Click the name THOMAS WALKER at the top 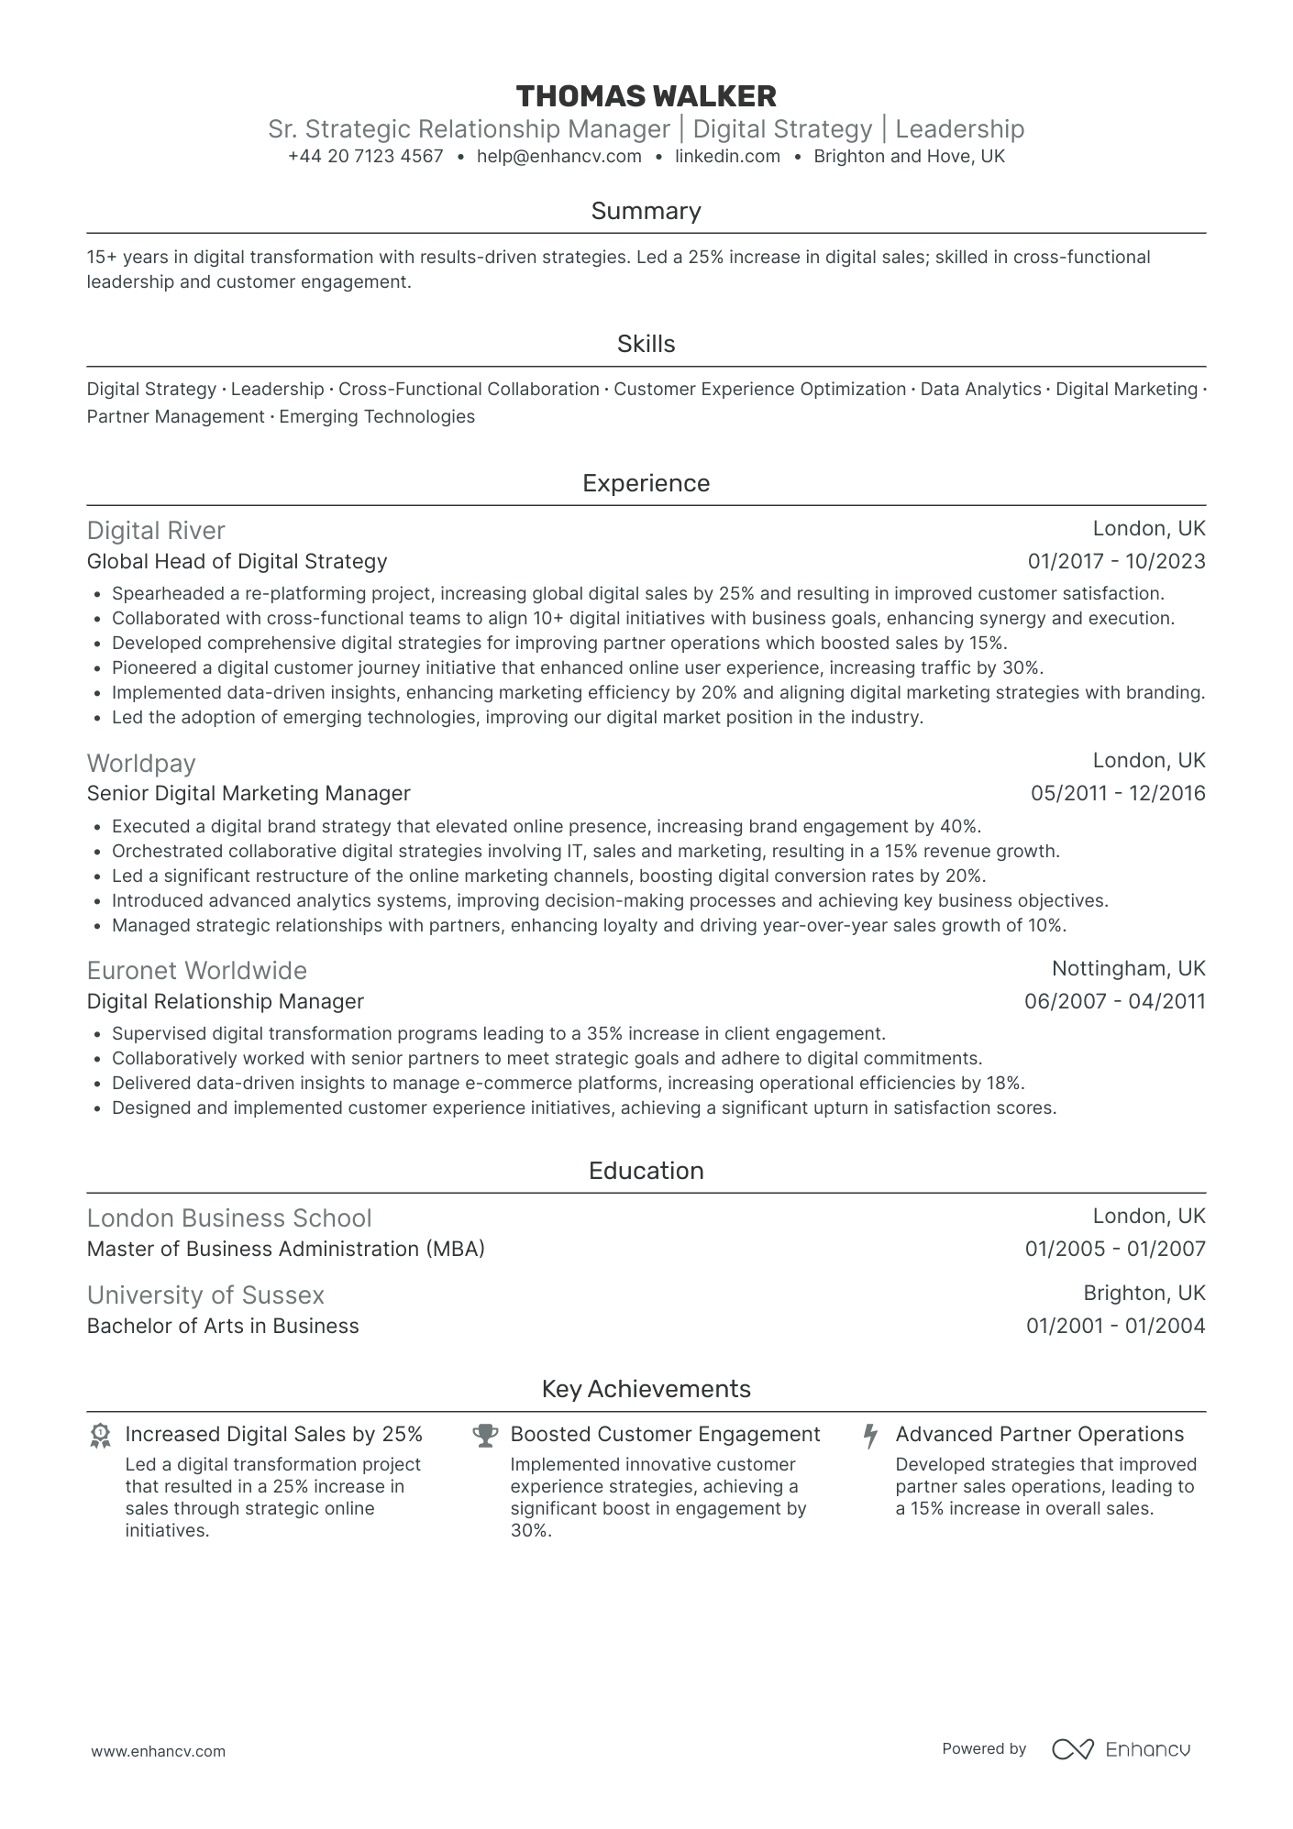(646, 96)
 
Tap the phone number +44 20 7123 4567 (365, 157)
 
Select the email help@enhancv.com (558, 157)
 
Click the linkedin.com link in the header (727, 157)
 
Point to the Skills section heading (646, 344)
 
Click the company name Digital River (156, 531)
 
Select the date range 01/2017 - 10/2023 (1116, 561)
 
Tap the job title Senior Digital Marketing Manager (249, 793)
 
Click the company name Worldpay (141, 763)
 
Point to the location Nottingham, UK (1128, 968)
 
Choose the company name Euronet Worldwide (197, 970)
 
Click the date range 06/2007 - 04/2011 (1114, 1001)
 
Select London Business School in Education (229, 1217)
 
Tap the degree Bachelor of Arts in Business (223, 1326)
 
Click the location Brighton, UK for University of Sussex (1144, 1293)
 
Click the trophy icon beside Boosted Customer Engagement (485, 1436)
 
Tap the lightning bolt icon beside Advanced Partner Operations (870, 1436)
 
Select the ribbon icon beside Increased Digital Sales (100, 1436)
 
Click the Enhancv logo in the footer (1121, 1749)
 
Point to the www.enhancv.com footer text (158, 1751)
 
